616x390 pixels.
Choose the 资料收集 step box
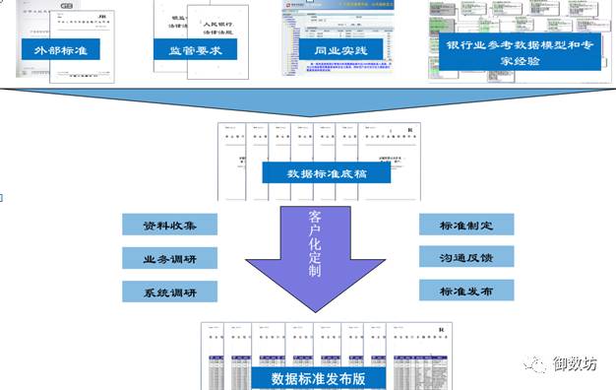169,225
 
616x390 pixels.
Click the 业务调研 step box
169,258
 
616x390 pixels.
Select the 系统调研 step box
169,292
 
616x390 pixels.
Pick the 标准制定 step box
466,225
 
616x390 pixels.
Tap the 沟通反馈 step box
466,258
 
